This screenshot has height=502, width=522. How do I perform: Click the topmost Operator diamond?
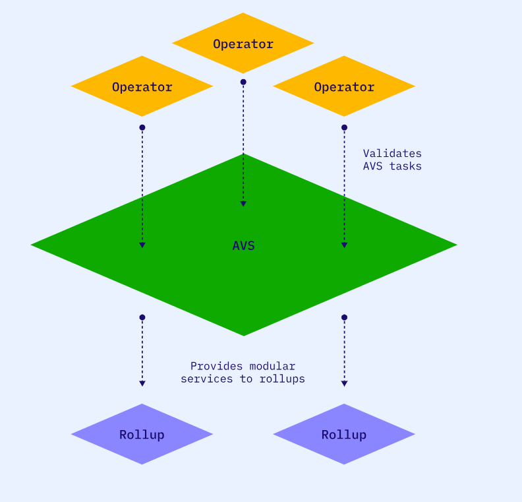coord(243,44)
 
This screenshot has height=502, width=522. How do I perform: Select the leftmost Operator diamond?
coord(142,86)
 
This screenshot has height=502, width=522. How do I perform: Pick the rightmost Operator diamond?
coord(344,86)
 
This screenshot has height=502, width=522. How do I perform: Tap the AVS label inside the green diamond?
coord(243,245)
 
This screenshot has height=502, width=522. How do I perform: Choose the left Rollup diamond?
coord(142,434)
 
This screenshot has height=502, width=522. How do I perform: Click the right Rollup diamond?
coord(344,434)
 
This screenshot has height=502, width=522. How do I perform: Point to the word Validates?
coord(392,153)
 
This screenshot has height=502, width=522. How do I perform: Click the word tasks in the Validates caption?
coord(405,166)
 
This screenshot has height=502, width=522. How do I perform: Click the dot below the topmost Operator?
coord(243,82)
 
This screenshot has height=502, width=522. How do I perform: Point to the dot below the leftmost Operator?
coord(142,127)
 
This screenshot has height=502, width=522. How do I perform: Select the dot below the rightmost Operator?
coord(344,127)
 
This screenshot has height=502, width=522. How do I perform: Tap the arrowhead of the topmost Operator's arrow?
coord(243,204)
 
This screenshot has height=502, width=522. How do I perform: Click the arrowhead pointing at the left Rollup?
coord(142,383)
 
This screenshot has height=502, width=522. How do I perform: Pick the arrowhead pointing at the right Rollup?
coord(344,383)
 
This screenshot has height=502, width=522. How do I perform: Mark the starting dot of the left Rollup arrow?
coord(142,317)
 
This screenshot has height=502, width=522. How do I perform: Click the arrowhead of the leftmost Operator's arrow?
coord(142,245)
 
